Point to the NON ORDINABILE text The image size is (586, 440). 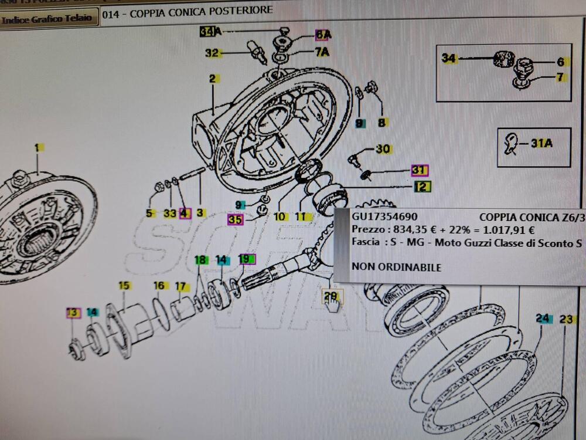pos(397,267)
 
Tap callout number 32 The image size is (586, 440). pos(212,53)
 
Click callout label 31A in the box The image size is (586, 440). pos(541,144)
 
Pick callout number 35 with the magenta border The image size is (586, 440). pos(235,220)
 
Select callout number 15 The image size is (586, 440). pos(124,286)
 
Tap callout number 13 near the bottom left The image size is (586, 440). pos(73,313)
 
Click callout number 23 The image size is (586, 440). pos(565,320)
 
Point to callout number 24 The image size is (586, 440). pos(543,319)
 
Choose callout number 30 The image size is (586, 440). pos(383,150)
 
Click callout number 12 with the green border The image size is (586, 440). pos(423,187)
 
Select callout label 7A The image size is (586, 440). pos(322,52)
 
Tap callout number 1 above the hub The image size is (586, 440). pos(37,148)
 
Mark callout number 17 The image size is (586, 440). pos(182,287)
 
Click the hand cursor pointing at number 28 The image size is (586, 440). pos(333,304)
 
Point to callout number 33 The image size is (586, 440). pos(169,214)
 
